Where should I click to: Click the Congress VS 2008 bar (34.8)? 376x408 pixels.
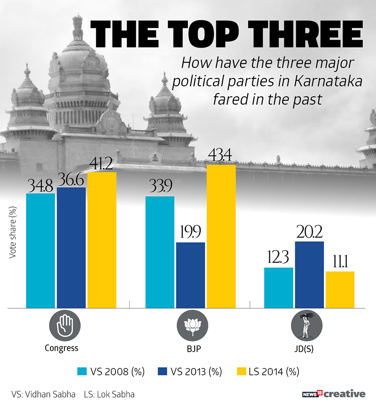pyautogui.click(x=40, y=251)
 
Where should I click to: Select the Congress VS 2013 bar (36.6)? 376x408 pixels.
pyautogui.click(x=71, y=248)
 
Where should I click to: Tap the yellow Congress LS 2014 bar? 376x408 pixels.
pyautogui.click(x=102, y=240)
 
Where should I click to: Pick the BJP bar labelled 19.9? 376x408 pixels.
pyautogui.click(x=190, y=275)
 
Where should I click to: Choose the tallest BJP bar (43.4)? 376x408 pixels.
pyautogui.click(x=221, y=236)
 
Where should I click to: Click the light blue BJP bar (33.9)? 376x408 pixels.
pyautogui.click(x=160, y=252)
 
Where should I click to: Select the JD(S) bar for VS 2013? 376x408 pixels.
pyautogui.click(x=309, y=275)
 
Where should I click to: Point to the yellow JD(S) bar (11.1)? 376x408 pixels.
pyautogui.click(x=340, y=289)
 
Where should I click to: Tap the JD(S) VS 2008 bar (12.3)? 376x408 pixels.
pyautogui.click(x=278, y=288)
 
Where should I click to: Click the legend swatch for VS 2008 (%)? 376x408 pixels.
pyautogui.click(x=83, y=371)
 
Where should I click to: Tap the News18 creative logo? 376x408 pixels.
pyautogui.click(x=333, y=393)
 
